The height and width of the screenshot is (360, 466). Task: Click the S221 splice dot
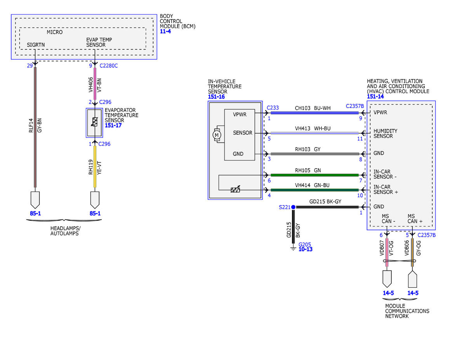pos(293,207)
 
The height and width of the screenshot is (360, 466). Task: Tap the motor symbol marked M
pos(217,135)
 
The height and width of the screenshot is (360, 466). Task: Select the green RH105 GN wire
pos(315,175)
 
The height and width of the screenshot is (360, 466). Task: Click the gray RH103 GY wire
pos(315,154)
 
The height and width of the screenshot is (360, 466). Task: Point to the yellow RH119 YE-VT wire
pos(95,167)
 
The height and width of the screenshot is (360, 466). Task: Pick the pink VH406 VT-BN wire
pos(95,84)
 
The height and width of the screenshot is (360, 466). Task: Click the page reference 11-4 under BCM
pos(165,31)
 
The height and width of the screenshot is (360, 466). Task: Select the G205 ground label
pos(304,244)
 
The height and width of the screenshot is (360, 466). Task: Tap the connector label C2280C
pos(108,66)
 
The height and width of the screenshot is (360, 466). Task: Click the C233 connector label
pos(273,108)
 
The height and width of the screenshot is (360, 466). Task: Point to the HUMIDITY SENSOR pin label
pos(385,133)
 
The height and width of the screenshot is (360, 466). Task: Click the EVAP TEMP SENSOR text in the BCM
pos(99,42)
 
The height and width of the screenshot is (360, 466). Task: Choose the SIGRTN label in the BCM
pos(36,45)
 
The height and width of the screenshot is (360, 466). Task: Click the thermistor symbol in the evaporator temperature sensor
pos(95,122)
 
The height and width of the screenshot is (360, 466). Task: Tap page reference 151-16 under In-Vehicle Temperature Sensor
pos(216,97)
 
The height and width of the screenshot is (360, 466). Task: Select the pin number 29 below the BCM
pos(30,66)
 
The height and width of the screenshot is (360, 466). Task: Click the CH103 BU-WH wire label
pos(313,108)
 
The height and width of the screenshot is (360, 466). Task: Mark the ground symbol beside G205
pos(293,249)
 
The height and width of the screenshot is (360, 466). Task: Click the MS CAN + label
pos(415,219)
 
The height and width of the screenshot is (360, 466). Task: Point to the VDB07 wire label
pos(382,248)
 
